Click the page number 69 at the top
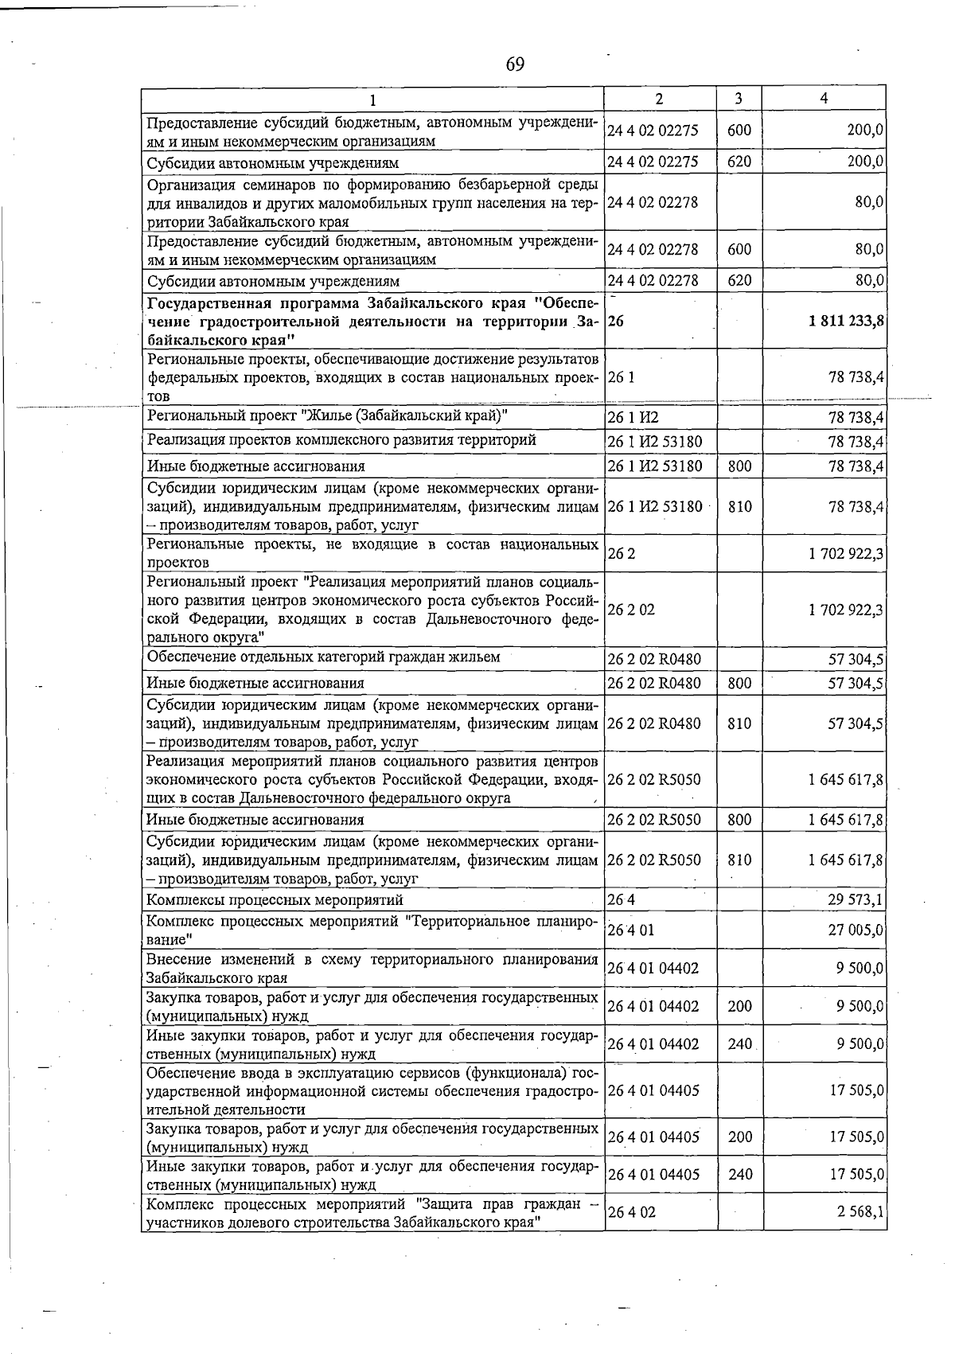(x=515, y=64)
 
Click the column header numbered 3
(x=739, y=98)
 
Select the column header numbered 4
(x=824, y=98)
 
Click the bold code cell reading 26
(x=616, y=321)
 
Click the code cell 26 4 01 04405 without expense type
(x=653, y=1090)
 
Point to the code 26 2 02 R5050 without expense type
(x=654, y=779)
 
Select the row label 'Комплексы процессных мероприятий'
(x=275, y=900)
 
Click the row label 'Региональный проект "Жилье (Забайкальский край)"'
(x=327, y=416)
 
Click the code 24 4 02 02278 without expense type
(x=653, y=202)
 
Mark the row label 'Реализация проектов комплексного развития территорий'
(x=341, y=440)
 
